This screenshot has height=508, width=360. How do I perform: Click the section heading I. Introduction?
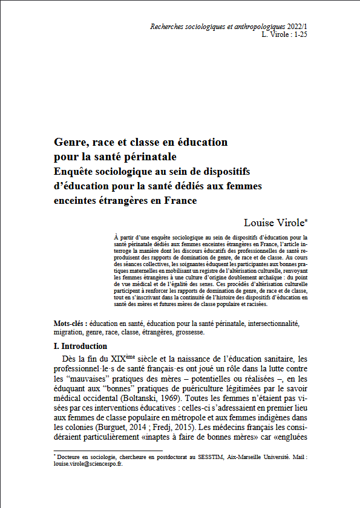80,347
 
